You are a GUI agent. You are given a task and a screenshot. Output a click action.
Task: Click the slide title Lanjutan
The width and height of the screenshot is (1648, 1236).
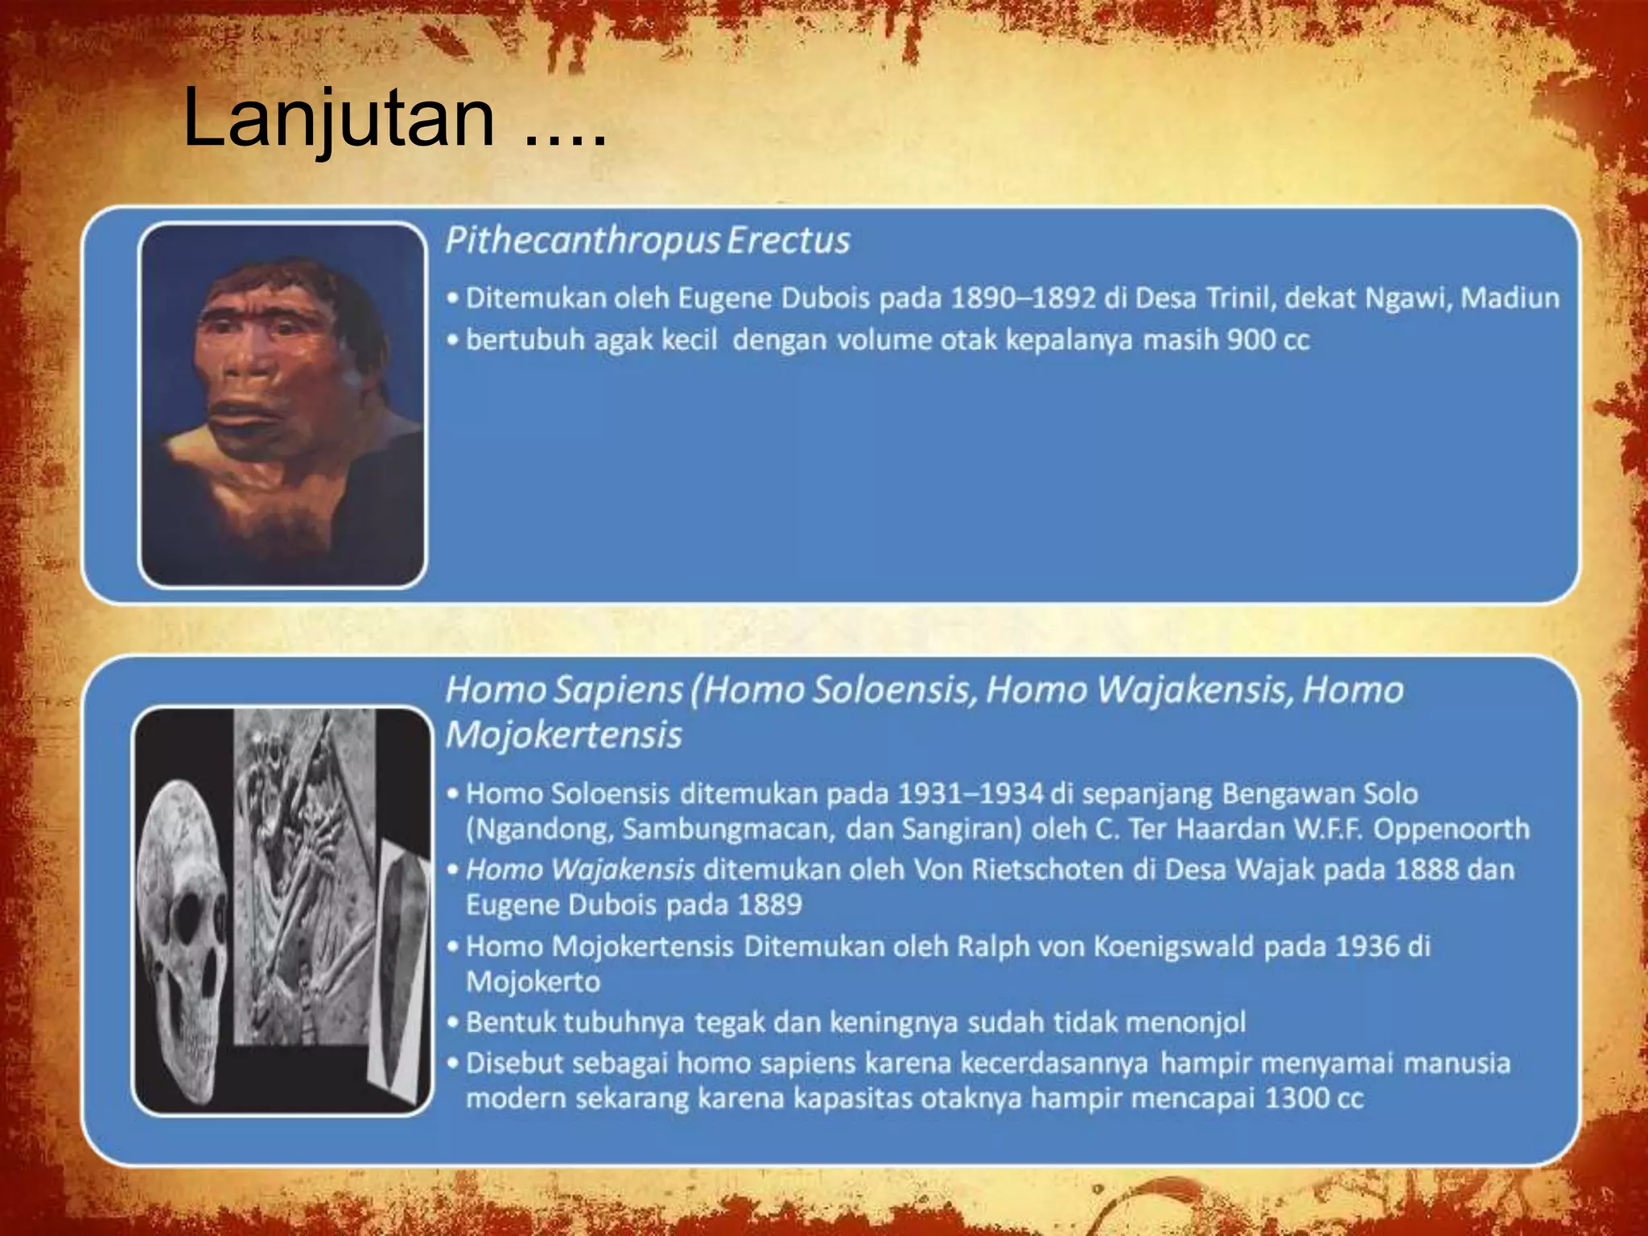[x=338, y=118]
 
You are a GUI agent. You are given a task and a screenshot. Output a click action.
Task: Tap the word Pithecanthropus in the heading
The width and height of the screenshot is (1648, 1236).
[x=583, y=241]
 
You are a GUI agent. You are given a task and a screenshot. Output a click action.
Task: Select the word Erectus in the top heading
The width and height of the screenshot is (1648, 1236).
[x=789, y=241]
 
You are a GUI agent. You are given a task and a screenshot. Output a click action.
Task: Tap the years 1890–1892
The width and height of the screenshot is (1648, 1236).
[x=1023, y=299]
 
